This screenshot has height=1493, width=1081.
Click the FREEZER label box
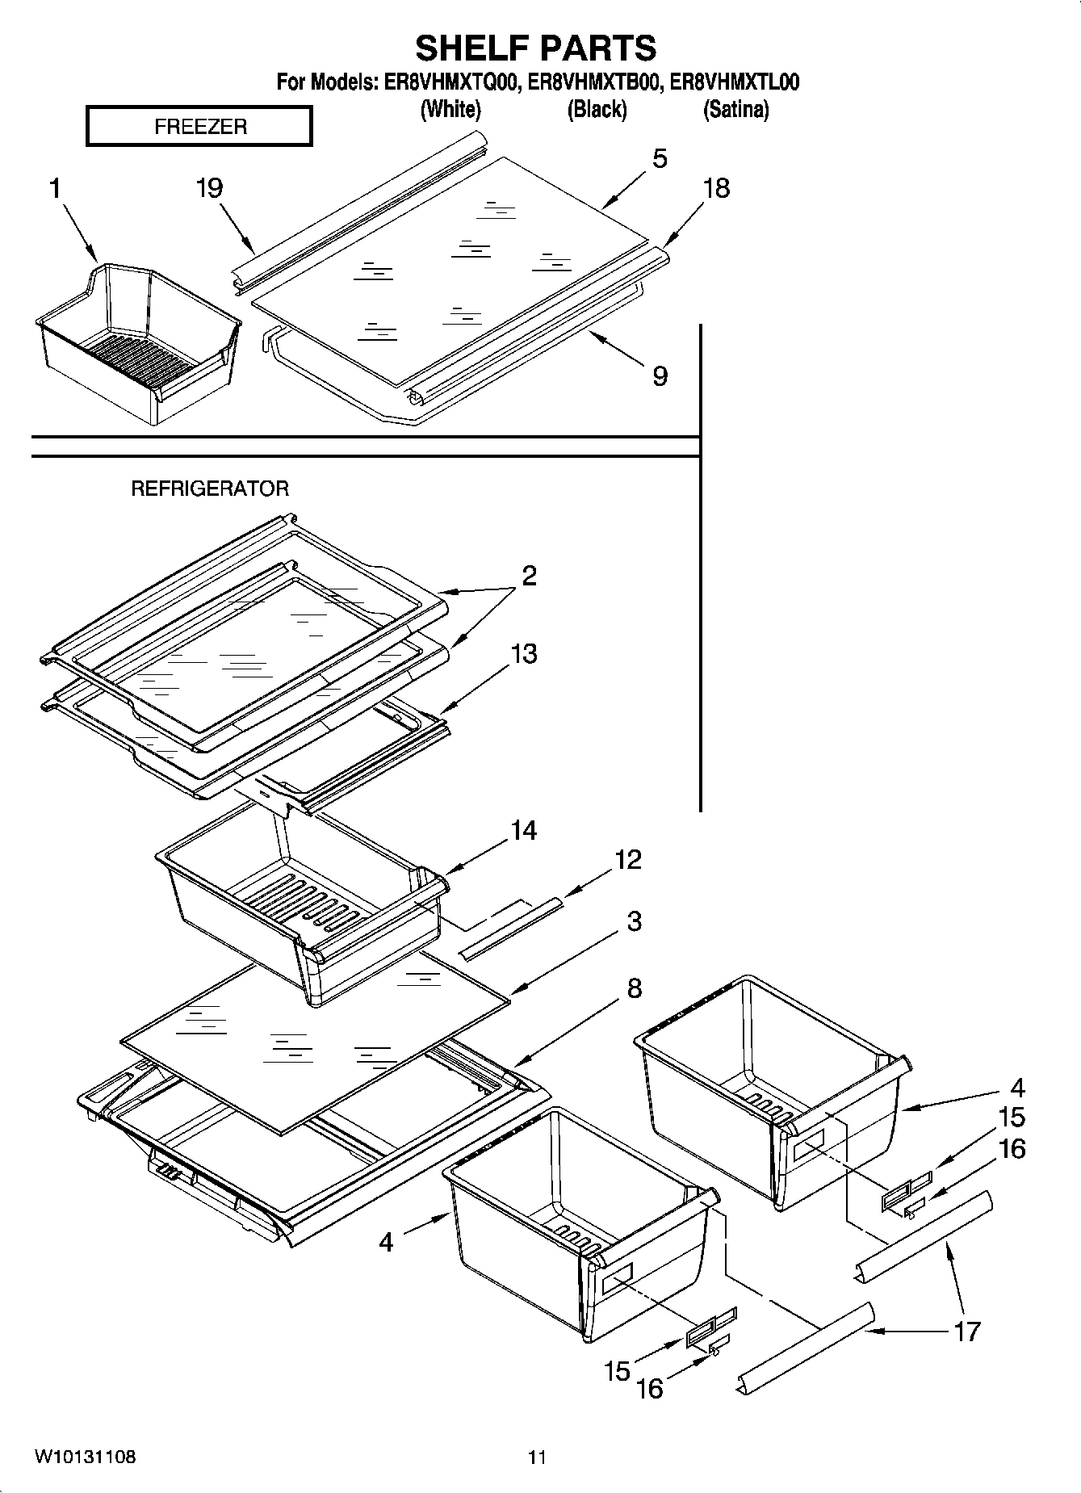(199, 127)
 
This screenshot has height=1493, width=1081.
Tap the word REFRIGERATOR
(210, 489)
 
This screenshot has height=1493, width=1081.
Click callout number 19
(209, 188)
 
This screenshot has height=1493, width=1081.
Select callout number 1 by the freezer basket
(55, 189)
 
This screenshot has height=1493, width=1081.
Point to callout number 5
(660, 159)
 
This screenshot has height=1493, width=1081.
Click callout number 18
(716, 188)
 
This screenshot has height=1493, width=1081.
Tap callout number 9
(660, 375)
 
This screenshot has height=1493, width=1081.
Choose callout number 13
(524, 653)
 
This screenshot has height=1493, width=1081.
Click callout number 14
(523, 830)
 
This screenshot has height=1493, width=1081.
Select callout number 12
(627, 859)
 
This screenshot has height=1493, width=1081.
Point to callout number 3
(634, 921)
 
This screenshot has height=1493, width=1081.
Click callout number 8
(634, 988)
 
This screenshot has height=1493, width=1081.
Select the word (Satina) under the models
(735, 109)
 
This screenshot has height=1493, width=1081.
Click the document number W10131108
(85, 1457)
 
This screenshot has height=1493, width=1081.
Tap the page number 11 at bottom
(537, 1457)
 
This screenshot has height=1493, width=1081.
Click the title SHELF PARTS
(536, 48)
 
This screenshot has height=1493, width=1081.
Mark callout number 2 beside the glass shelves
(529, 576)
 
